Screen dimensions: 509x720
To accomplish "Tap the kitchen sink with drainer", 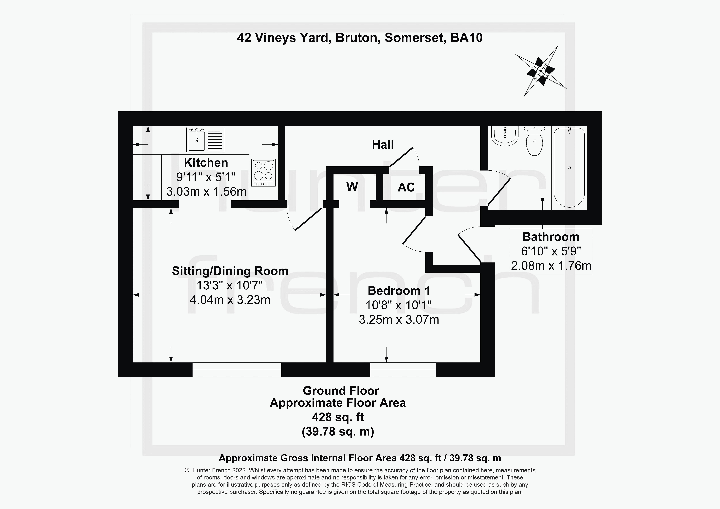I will tap(205, 140).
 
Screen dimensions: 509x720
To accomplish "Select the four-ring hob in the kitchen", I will tap(263, 173).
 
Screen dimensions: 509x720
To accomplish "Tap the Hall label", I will tap(383, 145).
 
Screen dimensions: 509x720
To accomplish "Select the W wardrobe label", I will tap(352, 187).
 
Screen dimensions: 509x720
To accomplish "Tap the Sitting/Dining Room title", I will tap(230, 271).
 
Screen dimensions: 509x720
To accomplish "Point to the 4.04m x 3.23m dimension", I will tap(230, 300).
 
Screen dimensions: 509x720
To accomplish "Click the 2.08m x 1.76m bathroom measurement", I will tap(551, 266).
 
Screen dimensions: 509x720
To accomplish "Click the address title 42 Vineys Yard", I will tap(360, 38).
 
